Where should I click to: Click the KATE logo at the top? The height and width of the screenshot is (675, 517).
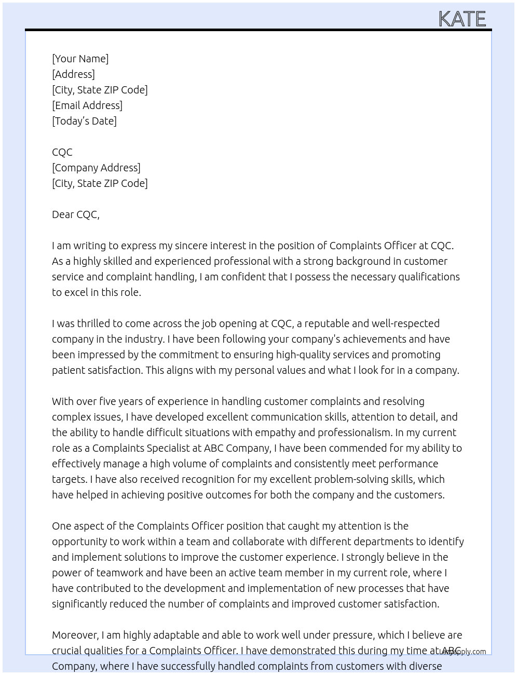click(x=462, y=19)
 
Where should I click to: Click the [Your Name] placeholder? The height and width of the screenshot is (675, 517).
click(x=80, y=59)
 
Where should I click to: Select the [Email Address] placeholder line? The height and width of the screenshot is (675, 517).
click(x=87, y=105)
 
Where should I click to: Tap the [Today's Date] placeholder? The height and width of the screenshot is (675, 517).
click(x=84, y=121)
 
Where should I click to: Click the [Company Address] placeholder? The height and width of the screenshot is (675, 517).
click(x=96, y=168)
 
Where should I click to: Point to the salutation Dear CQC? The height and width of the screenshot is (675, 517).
click(x=76, y=214)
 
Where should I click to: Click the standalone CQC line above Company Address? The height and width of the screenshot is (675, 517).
click(x=62, y=152)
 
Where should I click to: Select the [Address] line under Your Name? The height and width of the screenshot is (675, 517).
click(x=73, y=74)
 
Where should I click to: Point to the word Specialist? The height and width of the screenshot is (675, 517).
click(x=171, y=448)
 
